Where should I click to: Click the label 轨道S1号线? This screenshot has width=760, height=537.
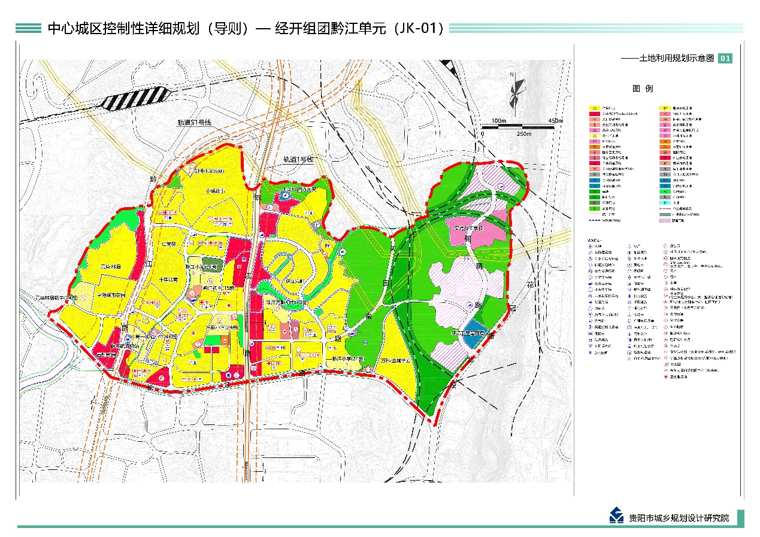(x=195, y=122)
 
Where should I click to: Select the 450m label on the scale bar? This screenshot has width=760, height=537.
(x=555, y=120)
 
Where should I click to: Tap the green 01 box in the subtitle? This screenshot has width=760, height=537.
(x=725, y=58)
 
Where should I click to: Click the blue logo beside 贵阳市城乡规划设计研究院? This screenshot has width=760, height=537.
(x=616, y=515)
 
